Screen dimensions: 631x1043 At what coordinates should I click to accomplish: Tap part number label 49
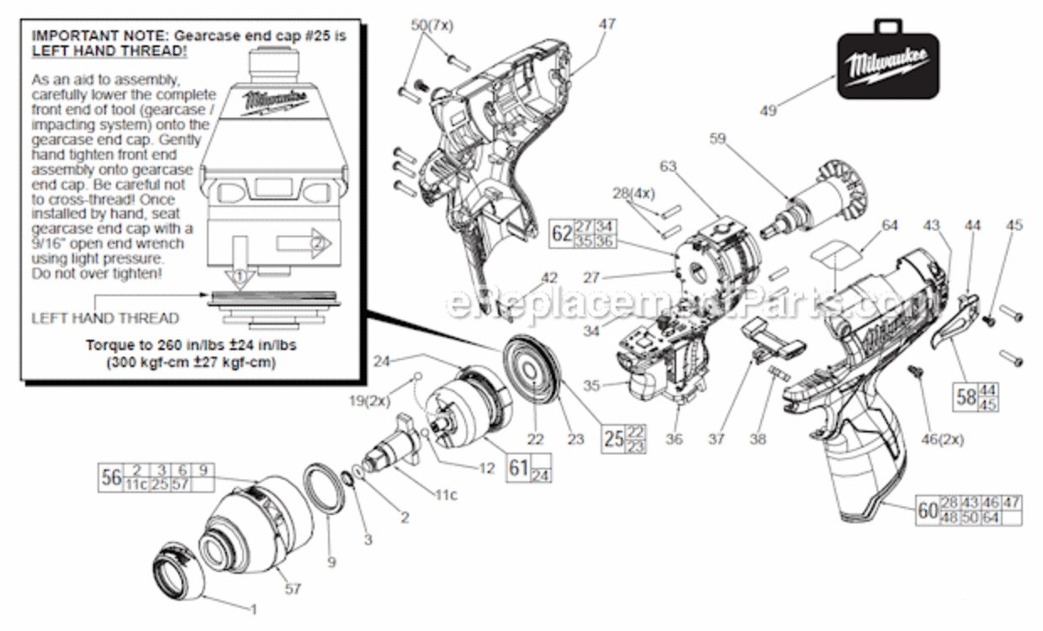[x=767, y=109]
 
